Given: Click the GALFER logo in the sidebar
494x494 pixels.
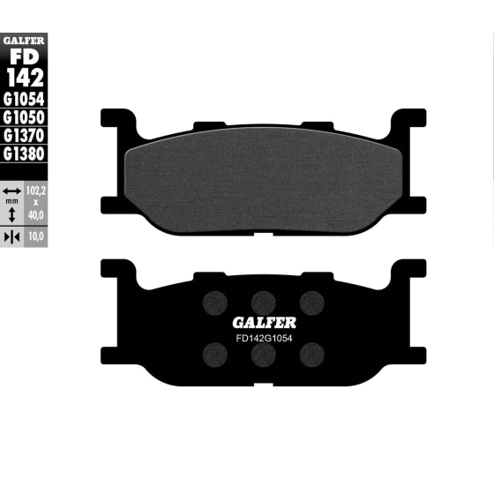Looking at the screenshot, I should (x=24, y=39).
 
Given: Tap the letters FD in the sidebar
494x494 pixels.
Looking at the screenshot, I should (x=24, y=56).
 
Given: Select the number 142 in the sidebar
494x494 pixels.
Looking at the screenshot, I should (x=24, y=78).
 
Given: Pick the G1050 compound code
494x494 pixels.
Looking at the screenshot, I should (x=24, y=117).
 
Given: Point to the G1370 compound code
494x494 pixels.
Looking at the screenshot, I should (x=24, y=136).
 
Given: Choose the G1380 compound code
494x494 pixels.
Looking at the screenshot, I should (x=24, y=153).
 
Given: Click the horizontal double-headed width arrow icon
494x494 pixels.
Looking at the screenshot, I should (x=11, y=191).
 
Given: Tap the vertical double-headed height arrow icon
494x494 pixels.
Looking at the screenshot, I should (x=11, y=212).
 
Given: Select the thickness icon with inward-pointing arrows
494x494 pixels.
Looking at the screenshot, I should (x=11, y=238).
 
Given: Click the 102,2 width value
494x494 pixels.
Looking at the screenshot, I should (x=36, y=191).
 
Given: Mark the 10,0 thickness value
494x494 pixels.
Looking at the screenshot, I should (x=36, y=238).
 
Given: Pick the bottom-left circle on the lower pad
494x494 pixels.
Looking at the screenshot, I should (x=213, y=354).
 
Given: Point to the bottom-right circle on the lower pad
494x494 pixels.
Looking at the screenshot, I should (x=310, y=354).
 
